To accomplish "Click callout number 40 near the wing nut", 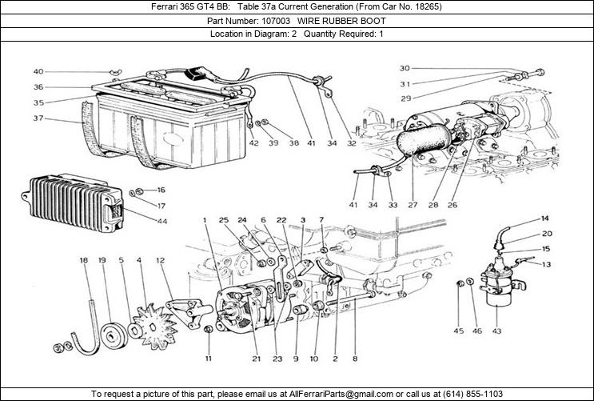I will pos(38,72).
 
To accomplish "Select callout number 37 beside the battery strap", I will pos(38,118).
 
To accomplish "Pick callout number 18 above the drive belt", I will pos(83,261).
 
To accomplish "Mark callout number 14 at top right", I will pos(545,219).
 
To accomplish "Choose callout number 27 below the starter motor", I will pos(413,205).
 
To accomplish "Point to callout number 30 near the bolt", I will pos(405,68).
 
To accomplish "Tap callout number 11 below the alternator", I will pos(207,358).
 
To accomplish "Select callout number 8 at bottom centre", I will pos(354,358).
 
